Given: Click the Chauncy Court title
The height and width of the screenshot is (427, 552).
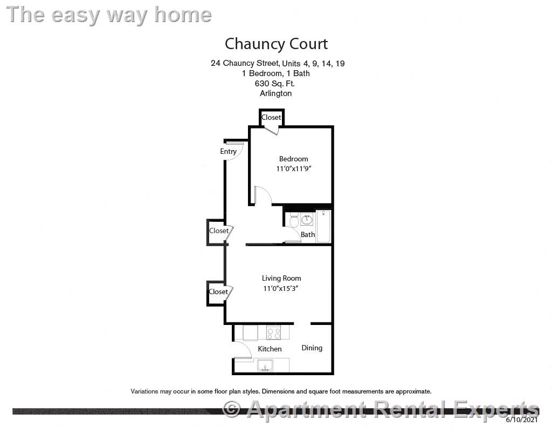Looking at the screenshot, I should [x=276, y=44].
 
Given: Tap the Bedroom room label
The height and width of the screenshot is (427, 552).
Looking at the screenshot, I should [x=293, y=159].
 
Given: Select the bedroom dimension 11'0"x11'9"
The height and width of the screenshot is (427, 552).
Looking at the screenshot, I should [x=294, y=169].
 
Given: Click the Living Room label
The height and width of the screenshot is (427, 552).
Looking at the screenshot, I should [x=281, y=278].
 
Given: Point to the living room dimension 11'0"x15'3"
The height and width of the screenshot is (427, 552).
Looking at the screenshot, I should [x=281, y=288].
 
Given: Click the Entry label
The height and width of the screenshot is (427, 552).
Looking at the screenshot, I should [x=228, y=151].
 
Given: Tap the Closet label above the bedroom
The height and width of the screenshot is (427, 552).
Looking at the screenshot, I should [x=271, y=117].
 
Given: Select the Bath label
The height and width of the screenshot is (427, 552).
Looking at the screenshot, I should [x=308, y=234].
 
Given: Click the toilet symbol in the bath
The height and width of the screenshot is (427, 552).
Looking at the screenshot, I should [x=294, y=220].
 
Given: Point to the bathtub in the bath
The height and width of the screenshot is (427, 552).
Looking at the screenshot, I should [x=323, y=227].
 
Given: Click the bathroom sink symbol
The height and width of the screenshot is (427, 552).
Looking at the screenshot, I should [x=308, y=218].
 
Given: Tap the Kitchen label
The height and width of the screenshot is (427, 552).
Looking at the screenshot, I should [x=270, y=349].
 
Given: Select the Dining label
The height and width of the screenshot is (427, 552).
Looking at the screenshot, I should [x=312, y=348].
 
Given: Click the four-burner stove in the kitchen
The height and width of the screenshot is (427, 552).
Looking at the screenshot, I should [x=274, y=333].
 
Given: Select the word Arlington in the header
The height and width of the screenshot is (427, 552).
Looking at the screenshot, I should [x=275, y=93].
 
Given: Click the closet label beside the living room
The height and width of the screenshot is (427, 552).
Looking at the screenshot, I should [x=218, y=292].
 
